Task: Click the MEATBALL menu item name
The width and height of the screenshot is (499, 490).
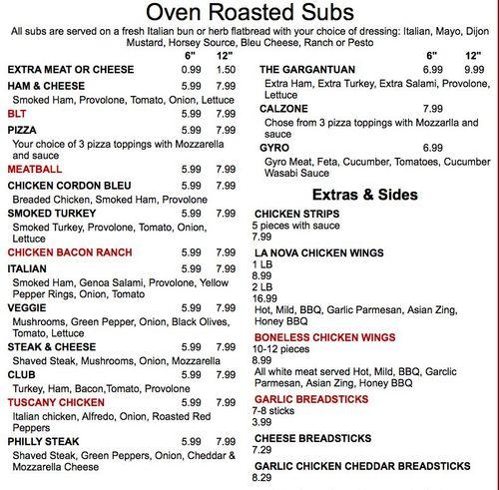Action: tap(35, 170)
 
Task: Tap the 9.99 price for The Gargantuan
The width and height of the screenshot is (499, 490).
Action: tap(473, 69)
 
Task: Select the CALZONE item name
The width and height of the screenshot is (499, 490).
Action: tap(284, 108)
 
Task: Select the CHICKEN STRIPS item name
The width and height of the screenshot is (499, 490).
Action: tap(298, 214)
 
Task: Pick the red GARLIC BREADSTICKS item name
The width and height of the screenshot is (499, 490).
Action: tap(312, 398)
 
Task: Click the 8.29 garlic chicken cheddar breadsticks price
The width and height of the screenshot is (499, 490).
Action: tap(261, 478)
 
